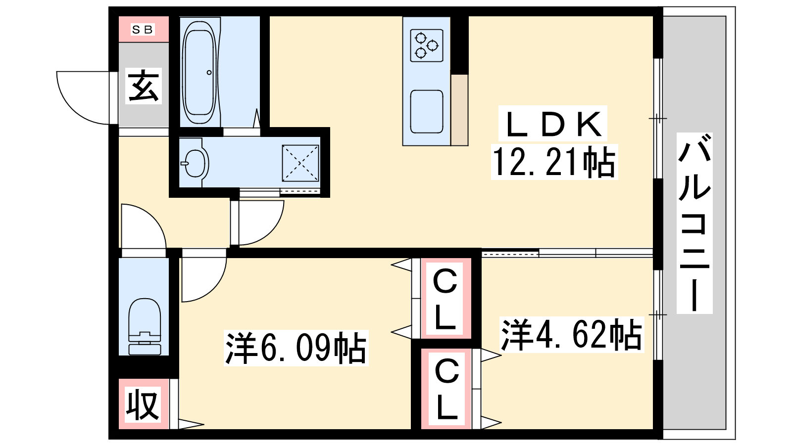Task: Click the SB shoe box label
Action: tap(143, 29)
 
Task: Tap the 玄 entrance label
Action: tap(143, 86)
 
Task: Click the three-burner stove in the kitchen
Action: tap(427, 45)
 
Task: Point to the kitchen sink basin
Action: tap(427, 112)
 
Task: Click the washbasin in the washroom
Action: tap(195, 163)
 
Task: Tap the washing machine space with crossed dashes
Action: tap(300, 163)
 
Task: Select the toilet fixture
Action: tap(144, 327)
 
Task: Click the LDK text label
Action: tap(554, 124)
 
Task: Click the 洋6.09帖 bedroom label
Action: tap(296, 348)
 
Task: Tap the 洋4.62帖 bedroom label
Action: tap(571, 334)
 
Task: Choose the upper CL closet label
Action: tap(445, 299)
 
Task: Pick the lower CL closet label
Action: tap(447, 389)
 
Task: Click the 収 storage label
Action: tap(143, 405)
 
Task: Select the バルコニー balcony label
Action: tap(694, 223)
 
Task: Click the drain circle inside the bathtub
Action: tap(209, 72)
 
